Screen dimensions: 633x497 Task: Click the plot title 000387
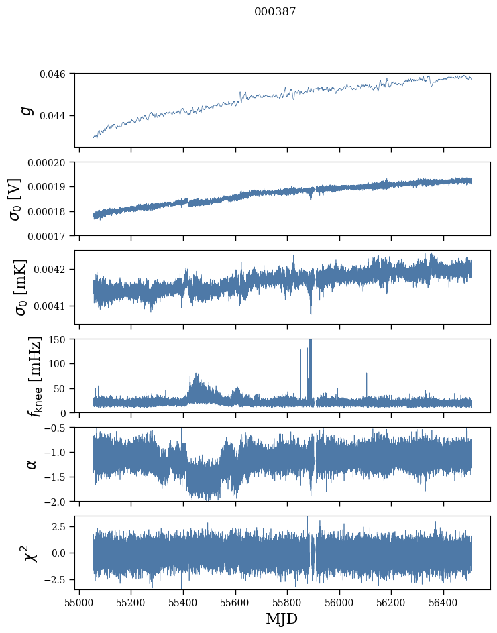pyautogui.click(x=275, y=12)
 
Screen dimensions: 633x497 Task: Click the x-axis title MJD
pyautogui.click(x=282, y=618)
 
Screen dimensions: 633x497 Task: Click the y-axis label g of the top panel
pyautogui.click(x=27, y=110)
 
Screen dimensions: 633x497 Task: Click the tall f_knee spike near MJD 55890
pyautogui.click(x=310, y=362)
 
